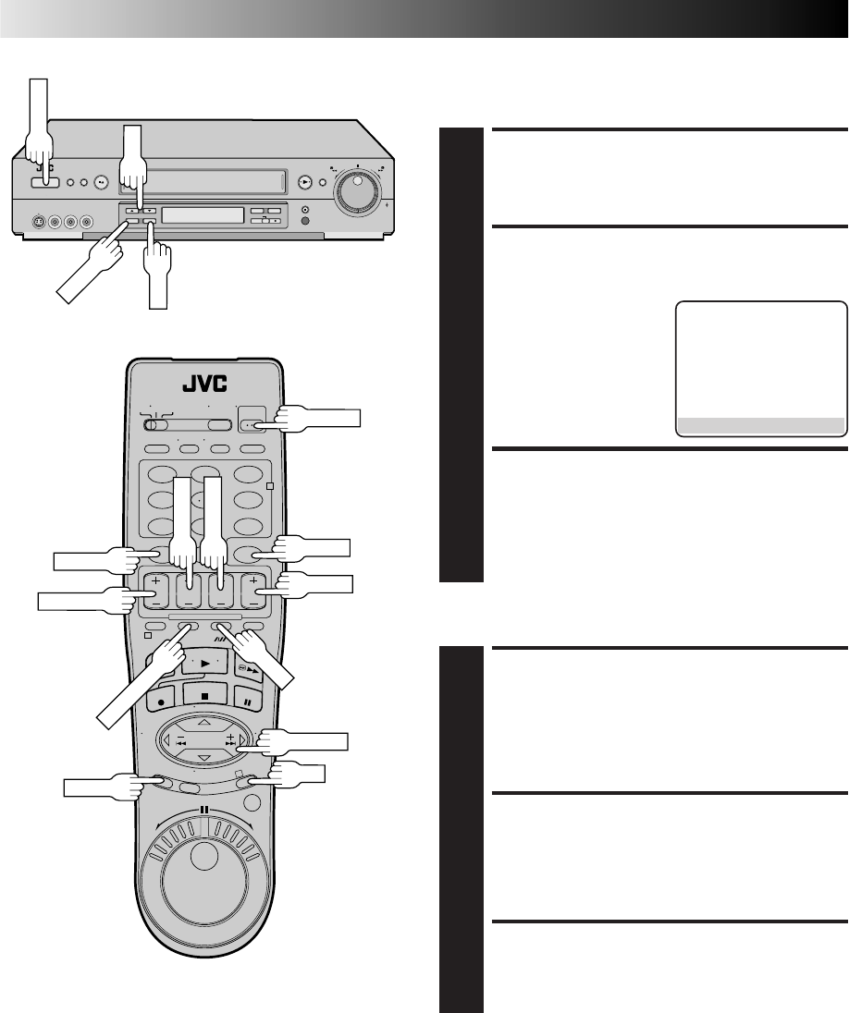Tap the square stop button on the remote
pyautogui.click(x=204, y=697)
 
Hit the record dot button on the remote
pyautogui.click(x=162, y=701)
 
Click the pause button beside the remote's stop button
pyautogui.click(x=246, y=701)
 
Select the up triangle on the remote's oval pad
pyautogui.click(x=204, y=722)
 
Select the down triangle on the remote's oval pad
pyautogui.click(x=204, y=758)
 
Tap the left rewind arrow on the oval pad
pyautogui.click(x=166, y=739)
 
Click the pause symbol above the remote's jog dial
pyautogui.click(x=204, y=809)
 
